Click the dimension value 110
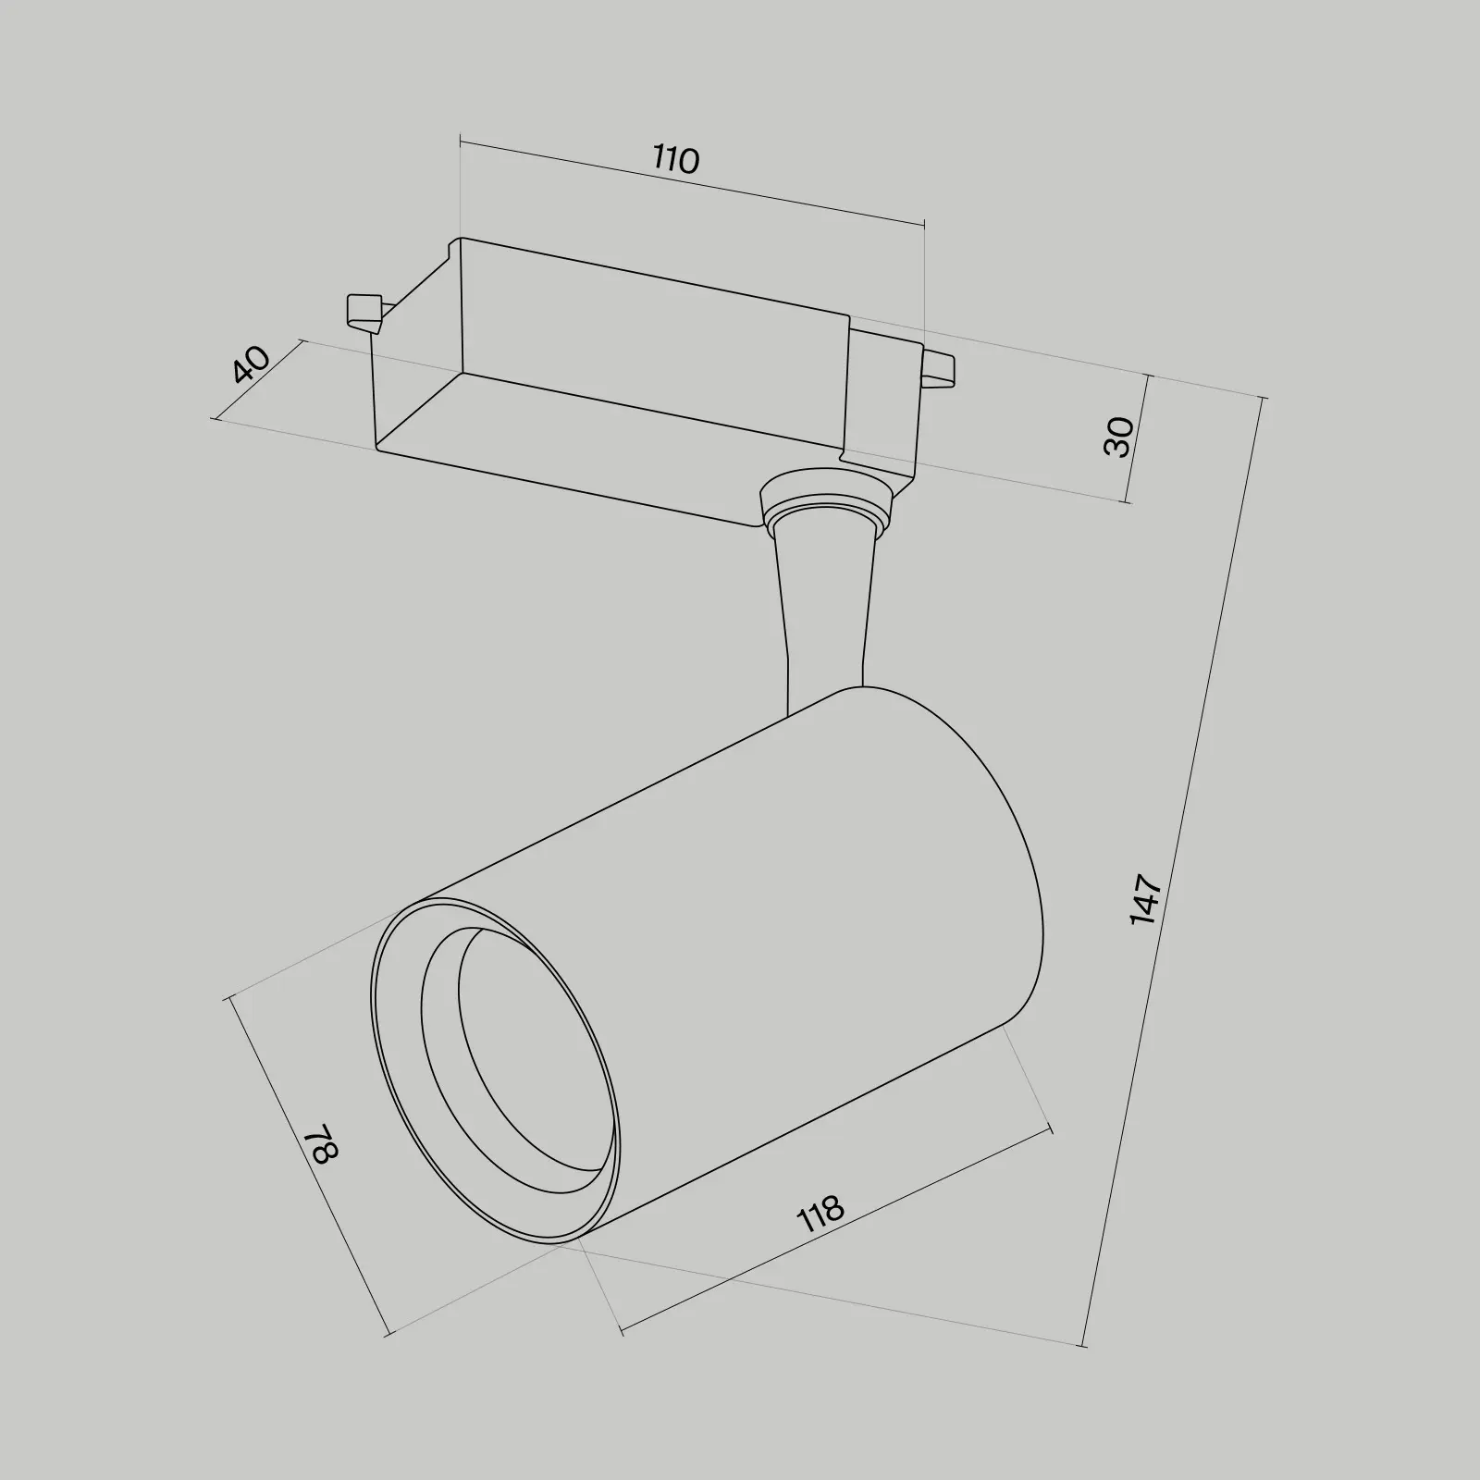(x=676, y=160)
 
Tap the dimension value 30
(x=1119, y=437)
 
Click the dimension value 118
(x=820, y=1214)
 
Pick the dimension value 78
(x=325, y=1143)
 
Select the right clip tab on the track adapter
(x=939, y=367)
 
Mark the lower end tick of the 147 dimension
(x=1082, y=1345)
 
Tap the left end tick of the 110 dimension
(x=460, y=142)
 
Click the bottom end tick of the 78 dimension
(x=388, y=1334)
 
